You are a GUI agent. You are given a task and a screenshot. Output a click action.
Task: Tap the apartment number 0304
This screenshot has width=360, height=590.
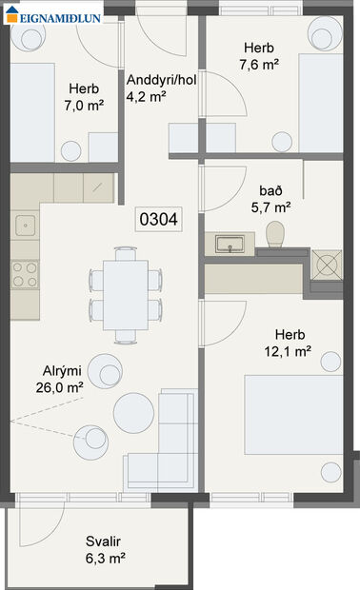tap(159, 219)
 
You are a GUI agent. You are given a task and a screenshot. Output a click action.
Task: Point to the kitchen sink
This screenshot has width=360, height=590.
tap(25, 226)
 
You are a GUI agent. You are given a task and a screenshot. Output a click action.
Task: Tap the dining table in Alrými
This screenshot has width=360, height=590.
tap(125, 295)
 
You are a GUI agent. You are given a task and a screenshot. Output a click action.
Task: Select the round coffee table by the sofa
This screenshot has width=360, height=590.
tap(133, 412)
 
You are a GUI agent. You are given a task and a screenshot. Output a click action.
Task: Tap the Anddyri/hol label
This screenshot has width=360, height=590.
tap(159, 79)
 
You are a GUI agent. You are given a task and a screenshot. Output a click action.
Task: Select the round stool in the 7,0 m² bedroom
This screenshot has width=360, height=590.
tap(70, 149)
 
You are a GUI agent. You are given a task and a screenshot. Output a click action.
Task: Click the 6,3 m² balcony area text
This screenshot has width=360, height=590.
tap(106, 559)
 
